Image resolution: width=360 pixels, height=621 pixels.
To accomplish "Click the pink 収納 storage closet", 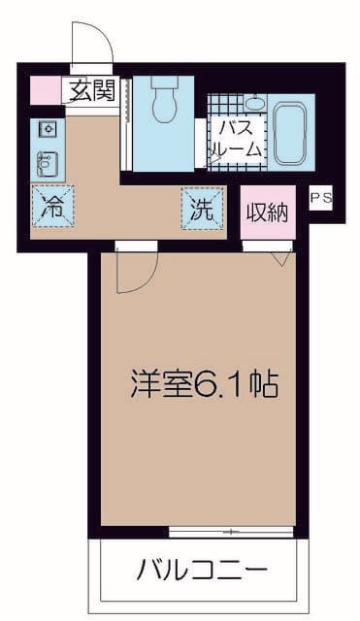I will pyautogui.click(x=267, y=213).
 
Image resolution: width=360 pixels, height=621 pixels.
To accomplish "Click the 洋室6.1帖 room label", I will pyautogui.click(x=204, y=385).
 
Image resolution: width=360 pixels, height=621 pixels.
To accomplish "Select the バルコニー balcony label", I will pyautogui.click(x=201, y=568).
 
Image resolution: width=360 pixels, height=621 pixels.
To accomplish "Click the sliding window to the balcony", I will pyautogui.click(x=231, y=531).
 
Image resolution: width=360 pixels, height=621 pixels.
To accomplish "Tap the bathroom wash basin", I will pyautogui.click(x=254, y=103).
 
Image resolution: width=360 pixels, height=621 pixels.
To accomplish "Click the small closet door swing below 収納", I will pyautogui.click(x=281, y=256).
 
